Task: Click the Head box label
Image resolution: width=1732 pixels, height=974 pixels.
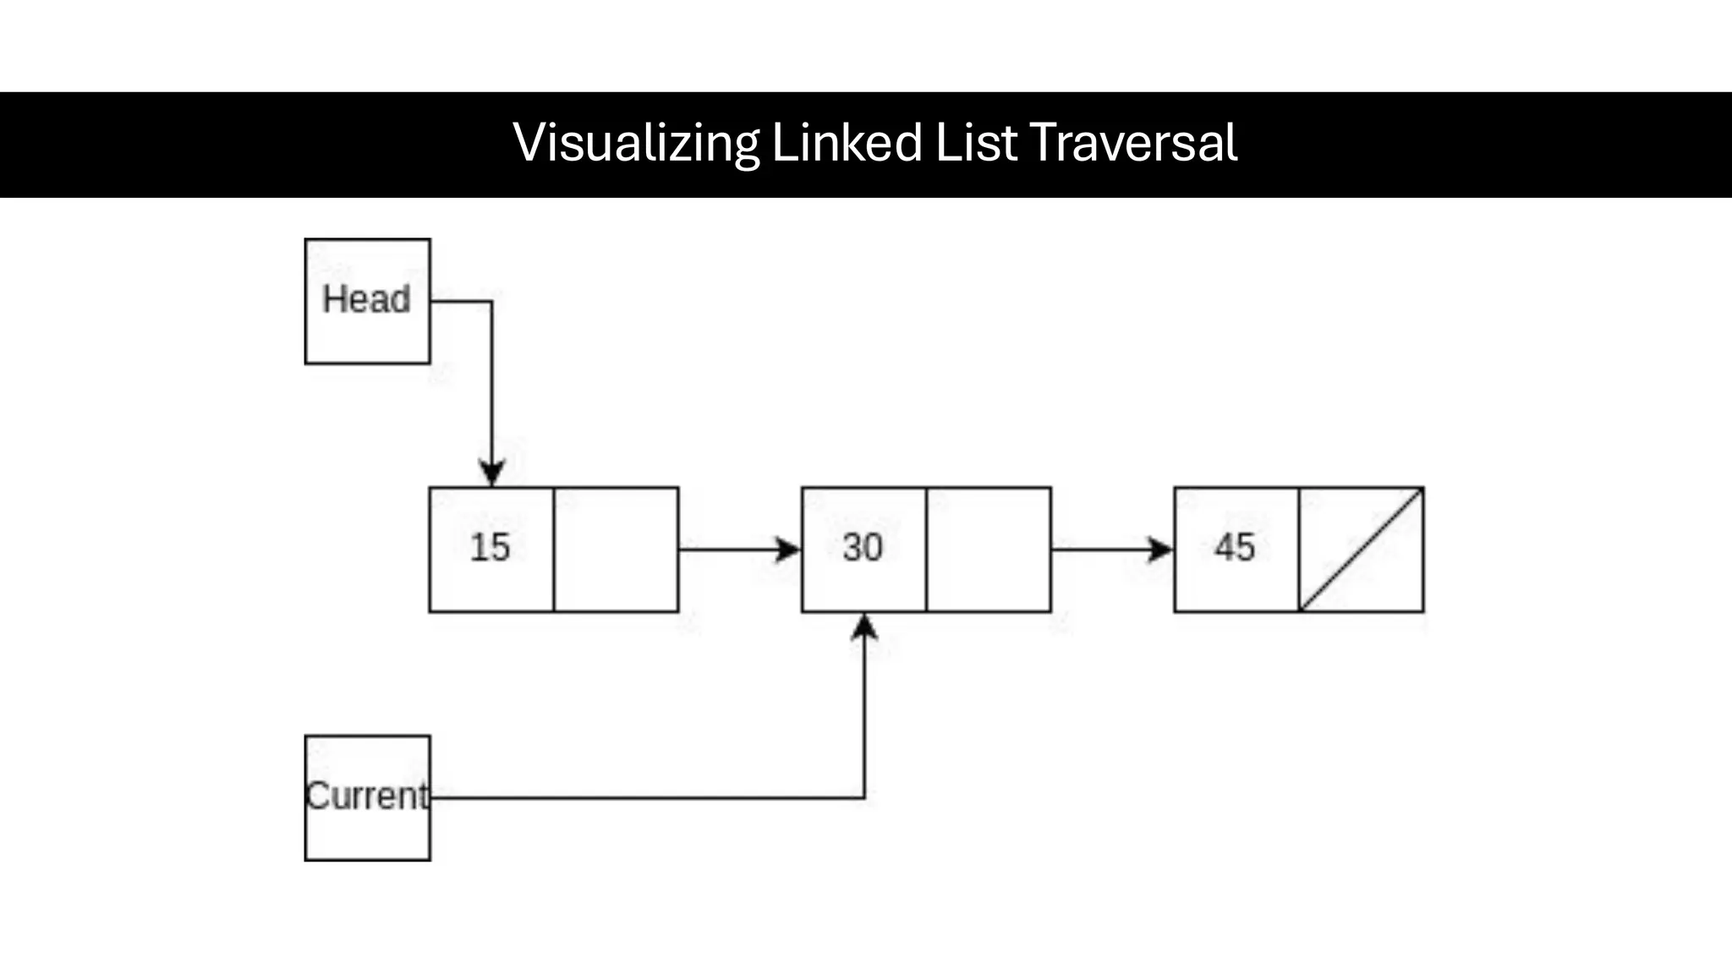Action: click(366, 299)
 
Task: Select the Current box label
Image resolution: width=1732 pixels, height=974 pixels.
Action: click(366, 796)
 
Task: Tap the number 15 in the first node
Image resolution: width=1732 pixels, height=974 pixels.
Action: click(491, 547)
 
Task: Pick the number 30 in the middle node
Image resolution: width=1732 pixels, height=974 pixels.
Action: click(863, 547)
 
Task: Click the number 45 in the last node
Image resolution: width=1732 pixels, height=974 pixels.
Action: click(1235, 547)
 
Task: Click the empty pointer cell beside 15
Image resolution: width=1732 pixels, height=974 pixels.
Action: click(616, 550)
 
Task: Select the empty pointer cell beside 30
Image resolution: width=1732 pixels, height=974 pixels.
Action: click(988, 550)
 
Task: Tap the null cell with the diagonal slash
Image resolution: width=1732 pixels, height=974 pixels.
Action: click(1361, 550)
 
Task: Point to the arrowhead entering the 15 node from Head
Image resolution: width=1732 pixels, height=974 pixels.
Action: click(492, 473)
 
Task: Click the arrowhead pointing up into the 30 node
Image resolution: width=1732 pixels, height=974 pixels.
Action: click(864, 627)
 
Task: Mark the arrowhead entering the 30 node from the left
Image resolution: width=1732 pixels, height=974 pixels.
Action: click(788, 550)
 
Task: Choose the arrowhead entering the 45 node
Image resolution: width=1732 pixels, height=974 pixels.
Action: click(1160, 550)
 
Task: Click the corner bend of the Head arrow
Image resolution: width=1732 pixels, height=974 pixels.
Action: click(491, 301)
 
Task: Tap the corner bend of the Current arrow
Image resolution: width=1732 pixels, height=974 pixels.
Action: click(863, 796)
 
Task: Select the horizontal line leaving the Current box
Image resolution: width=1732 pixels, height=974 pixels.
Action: click(643, 797)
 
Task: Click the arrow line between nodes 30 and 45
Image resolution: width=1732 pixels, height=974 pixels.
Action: click(1099, 550)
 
